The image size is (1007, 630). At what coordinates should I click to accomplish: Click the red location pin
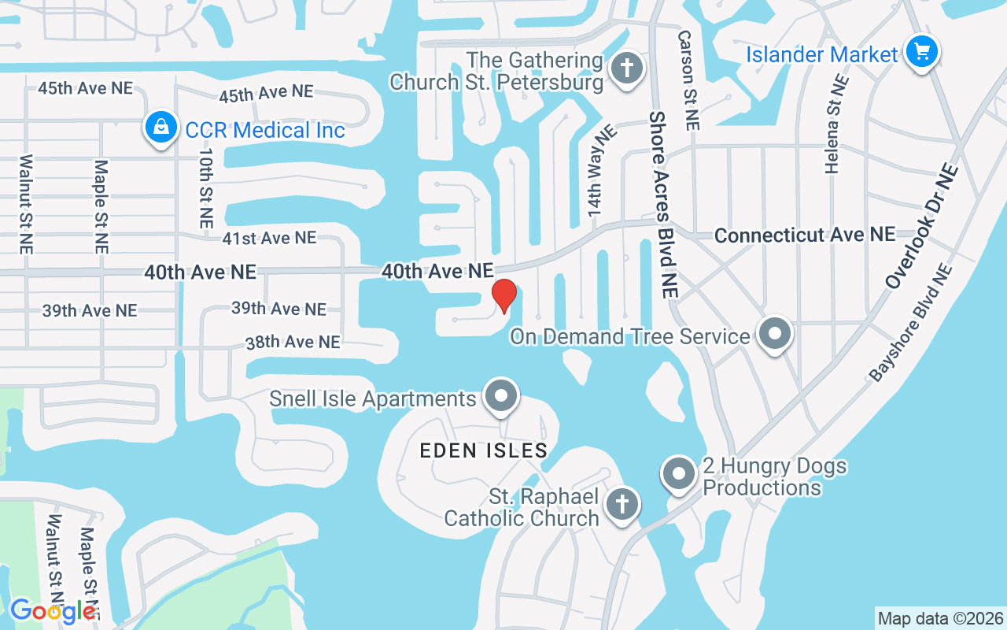pyautogui.click(x=503, y=295)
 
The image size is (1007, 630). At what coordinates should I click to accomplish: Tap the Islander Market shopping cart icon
pyautogui.click(x=921, y=53)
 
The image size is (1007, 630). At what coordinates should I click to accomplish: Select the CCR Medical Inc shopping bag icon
pyautogui.click(x=160, y=126)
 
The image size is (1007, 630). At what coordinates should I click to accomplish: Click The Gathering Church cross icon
pyautogui.click(x=626, y=68)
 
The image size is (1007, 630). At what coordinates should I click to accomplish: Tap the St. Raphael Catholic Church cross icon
pyautogui.click(x=622, y=503)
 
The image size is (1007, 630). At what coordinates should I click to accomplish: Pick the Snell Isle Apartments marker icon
pyautogui.click(x=501, y=397)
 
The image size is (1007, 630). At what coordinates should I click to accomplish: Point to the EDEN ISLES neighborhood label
pyautogui.click(x=483, y=450)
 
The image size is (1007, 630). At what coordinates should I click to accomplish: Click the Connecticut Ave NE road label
pyautogui.click(x=805, y=235)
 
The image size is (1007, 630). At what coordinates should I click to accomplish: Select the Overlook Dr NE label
pyautogui.click(x=921, y=226)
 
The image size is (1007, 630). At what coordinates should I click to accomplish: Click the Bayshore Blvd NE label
pyautogui.click(x=910, y=323)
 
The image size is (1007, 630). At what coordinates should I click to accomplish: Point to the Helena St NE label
pyautogui.click(x=837, y=124)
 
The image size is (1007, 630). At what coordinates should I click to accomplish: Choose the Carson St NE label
pyautogui.click(x=687, y=80)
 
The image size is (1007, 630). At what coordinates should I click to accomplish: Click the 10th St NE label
pyautogui.click(x=205, y=190)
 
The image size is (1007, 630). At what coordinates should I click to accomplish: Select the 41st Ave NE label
pyautogui.click(x=268, y=238)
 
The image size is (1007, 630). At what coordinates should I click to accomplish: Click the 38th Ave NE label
pyautogui.click(x=292, y=342)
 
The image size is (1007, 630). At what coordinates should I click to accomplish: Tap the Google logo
pyautogui.click(x=52, y=610)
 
